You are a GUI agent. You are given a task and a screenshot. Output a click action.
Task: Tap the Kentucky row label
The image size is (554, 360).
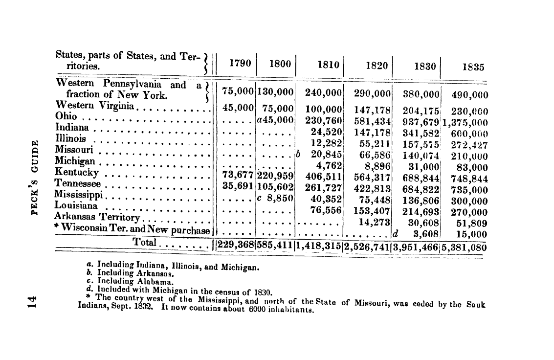[77, 173]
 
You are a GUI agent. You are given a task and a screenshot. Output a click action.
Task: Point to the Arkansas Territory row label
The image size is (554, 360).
[97, 217]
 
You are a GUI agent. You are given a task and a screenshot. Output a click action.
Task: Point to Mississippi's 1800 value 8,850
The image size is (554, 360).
[277, 199]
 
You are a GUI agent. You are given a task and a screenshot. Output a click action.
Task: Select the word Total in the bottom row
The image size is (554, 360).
[144, 243]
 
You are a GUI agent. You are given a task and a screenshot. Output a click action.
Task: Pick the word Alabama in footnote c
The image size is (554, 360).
[158, 282]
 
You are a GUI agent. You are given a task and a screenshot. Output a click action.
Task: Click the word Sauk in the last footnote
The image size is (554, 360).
[476, 304]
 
